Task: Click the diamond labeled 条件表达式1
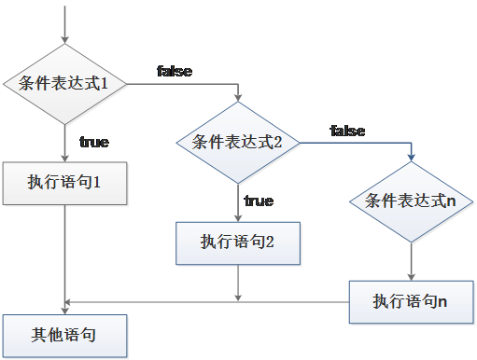click(64, 83)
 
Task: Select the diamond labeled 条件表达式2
click(237, 142)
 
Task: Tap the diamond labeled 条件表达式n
click(411, 201)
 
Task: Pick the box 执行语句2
click(237, 242)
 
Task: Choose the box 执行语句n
click(411, 300)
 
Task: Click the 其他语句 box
click(64, 334)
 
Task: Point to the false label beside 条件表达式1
click(176, 72)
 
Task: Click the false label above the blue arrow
click(346, 132)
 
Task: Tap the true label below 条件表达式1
click(93, 143)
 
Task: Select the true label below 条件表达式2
click(259, 201)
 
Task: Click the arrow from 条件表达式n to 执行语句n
click(411, 261)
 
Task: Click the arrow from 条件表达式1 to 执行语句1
click(64, 144)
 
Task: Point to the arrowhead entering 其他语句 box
click(64, 308)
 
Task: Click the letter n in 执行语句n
click(442, 301)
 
